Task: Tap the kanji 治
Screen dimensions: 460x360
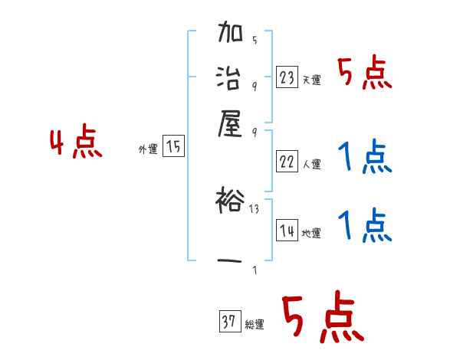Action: pos(231,77)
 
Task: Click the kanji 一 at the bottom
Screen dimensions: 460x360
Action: pos(231,260)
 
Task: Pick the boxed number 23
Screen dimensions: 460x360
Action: pos(287,77)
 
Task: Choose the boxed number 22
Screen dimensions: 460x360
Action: pos(287,161)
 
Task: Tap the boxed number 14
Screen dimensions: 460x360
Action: pos(287,231)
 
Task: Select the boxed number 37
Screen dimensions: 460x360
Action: pos(228,322)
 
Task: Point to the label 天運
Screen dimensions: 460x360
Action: pos(311,80)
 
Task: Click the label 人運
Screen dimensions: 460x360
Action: pos(311,164)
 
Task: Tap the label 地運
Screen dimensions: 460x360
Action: pos(311,234)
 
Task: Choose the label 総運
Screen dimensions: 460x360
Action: pos(254,325)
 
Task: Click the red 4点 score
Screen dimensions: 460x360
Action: pos(76,144)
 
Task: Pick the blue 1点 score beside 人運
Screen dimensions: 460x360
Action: pos(364,158)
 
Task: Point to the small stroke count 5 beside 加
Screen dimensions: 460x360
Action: pos(254,41)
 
